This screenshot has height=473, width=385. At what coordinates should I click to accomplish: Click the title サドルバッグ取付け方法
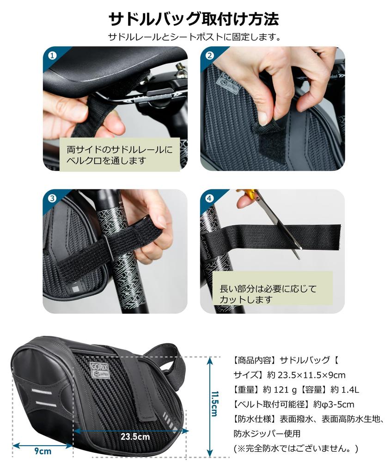point(193,19)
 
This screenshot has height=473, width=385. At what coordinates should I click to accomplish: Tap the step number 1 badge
point(52,55)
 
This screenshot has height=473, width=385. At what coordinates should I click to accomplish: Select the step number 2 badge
point(210,55)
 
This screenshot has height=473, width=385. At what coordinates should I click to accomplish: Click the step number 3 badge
point(52,198)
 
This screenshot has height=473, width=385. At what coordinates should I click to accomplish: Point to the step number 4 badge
point(210,198)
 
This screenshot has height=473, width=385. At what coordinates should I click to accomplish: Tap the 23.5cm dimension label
point(135,436)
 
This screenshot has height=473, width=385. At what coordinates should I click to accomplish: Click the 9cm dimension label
point(43,451)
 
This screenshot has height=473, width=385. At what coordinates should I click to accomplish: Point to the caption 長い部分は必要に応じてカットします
point(269,294)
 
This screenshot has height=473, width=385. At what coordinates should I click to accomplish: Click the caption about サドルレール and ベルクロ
point(119,155)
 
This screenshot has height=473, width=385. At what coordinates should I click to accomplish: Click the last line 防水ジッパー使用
point(267,434)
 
